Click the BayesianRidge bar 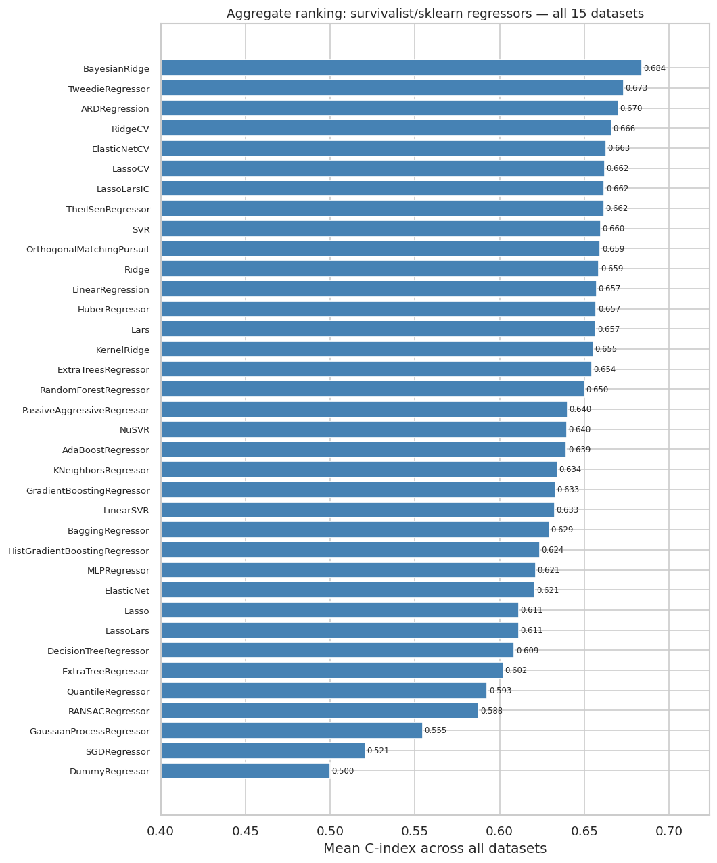[400, 68]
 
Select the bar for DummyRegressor [245, 771]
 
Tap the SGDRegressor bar [262, 751]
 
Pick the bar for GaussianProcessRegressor [291, 731]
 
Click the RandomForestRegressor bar [372, 390]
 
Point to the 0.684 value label [654, 68]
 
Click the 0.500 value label [342, 771]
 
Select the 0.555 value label [435, 731]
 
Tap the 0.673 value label [636, 89]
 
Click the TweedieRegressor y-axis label [109, 89]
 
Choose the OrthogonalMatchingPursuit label [88, 250]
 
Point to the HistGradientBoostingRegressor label [78, 551]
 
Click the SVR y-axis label [141, 230]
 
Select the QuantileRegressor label [108, 692]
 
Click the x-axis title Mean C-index [434, 849]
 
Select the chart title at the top [434, 14]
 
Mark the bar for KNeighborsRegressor [358, 470]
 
